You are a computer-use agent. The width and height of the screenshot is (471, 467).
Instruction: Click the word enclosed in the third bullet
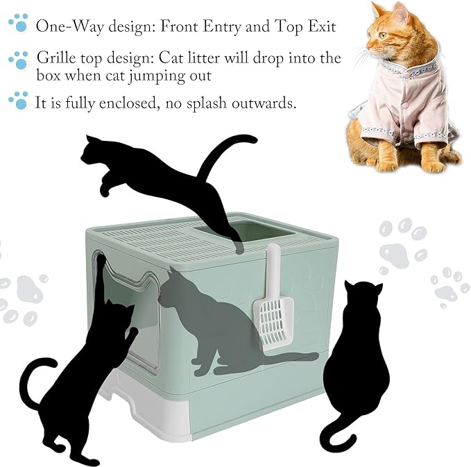coord(128,103)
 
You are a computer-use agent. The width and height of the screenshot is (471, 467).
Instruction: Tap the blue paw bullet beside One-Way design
coord(19,22)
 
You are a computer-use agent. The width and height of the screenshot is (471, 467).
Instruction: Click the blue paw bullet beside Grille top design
coord(19,60)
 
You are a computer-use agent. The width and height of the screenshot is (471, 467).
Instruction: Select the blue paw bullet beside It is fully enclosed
coord(19,100)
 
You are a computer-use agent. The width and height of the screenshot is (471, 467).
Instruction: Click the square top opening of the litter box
coord(245,231)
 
